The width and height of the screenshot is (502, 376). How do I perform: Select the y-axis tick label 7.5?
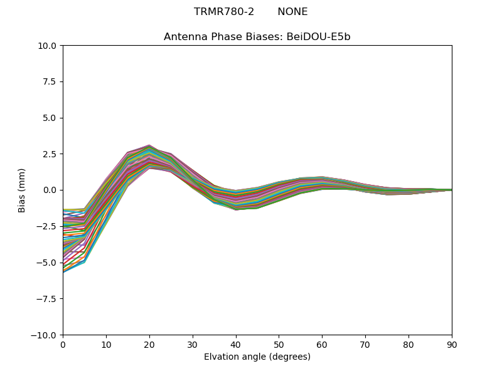tap(50, 82)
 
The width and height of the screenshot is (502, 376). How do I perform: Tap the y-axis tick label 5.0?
tap(50, 118)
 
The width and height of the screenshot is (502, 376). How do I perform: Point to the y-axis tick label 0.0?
tap(50, 191)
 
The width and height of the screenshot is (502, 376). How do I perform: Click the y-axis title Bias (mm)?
tap(22, 190)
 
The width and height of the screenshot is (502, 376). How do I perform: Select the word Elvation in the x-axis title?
tap(220, 357)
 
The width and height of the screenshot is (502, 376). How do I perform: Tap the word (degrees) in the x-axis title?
tap(289, 357)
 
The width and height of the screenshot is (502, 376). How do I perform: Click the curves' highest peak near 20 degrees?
tap(149, 145)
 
